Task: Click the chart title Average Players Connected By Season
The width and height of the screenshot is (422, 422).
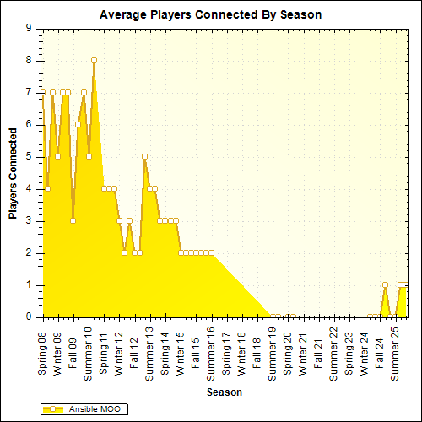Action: [x=210, y=14]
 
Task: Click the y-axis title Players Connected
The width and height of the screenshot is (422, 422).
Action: [x=14, y=173]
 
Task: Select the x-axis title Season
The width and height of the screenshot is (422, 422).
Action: [x=225, y=392]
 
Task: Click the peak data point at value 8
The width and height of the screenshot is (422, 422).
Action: [x=94, y=60]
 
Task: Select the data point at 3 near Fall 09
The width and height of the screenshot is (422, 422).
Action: [x=73, y=220]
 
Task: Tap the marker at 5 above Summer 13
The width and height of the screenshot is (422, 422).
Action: [x=145, y=156]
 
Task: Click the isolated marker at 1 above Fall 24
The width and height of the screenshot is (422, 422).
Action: [x=385, y=284]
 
